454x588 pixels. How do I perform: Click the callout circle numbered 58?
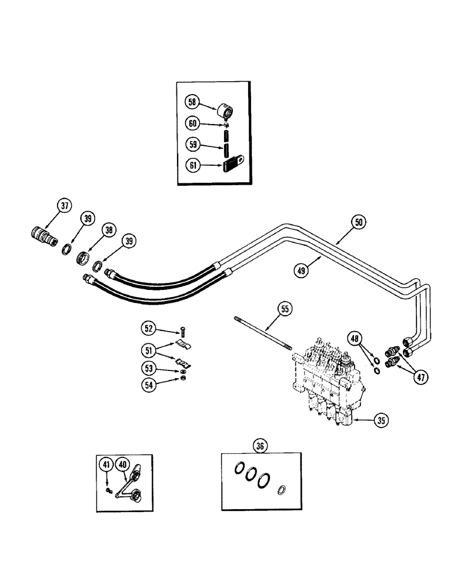pos(192,102)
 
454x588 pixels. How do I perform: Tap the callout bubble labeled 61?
pos(192,166)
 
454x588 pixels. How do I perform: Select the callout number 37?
pos(64,206)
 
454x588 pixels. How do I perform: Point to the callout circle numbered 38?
pos(108,231)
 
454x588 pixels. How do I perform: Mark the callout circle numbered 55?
pos(284,308)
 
